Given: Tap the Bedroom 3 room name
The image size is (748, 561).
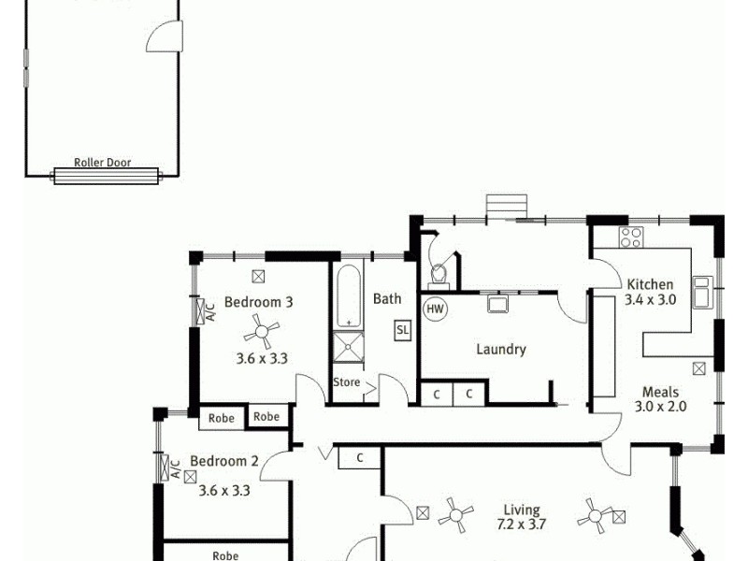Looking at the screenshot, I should [x=259, y=302].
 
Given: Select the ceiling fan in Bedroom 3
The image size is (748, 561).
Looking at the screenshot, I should [x=261, y=330].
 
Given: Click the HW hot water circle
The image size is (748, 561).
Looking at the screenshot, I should [x=435, y=308].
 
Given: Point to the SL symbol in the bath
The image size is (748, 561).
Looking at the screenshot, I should [x=402, y=330].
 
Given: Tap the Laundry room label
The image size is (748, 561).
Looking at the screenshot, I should [x=501, y=350].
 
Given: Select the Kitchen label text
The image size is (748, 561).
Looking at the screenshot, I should [x=650, y=284].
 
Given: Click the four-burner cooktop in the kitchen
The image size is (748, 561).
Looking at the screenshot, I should [x=630, y=237].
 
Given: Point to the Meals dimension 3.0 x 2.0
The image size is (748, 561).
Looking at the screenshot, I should [x=661, y=407].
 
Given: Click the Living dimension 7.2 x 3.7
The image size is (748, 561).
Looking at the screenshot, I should [x=522, y=525].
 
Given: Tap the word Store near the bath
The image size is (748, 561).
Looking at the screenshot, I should [x=346, y=382].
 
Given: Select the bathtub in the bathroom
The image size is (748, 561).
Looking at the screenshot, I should [x=348, y=296].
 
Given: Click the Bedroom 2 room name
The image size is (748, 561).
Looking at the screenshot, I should [x=224, y=461].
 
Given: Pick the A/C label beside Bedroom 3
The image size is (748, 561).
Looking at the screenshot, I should [x=209, y=310].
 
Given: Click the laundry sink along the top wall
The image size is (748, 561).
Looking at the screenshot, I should [x=496, y=303].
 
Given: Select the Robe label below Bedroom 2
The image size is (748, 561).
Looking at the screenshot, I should [x=225, y=555].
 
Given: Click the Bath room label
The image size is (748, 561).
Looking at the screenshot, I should [x=387, y=299].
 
